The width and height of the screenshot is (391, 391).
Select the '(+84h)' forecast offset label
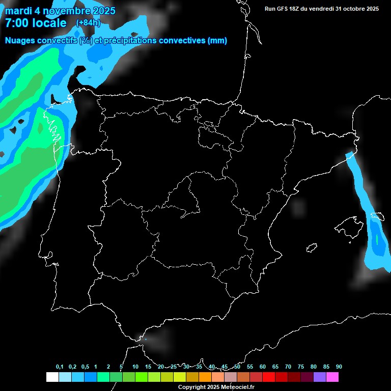pyautogui.click(x=88, y=22)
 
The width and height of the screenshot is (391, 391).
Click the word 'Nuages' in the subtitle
pyautogui.click(x=20, y=41)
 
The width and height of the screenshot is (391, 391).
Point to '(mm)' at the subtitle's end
pyautogui.click(x=217, y=41)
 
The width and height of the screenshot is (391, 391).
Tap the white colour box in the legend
pyautogui.click(x=52, y=377)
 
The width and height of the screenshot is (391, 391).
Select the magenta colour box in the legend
pyautogui.click(x=332, y=377)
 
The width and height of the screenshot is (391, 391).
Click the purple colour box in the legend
pyautogui.click(x=319, y=377)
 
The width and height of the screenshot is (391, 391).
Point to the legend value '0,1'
pyautogui.click(x=60, y=367)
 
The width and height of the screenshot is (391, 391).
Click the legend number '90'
pyautogui.click(x=339, y=367)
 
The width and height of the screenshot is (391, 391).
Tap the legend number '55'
pyautogui.click(x=250, y=367)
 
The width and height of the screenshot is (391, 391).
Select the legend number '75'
pyautogui.click(x=301, y=367)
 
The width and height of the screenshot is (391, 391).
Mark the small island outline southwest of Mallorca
pyautogui.click(x=312, y=248)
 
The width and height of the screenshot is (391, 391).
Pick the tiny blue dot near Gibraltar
pyautogui.click(x=146, y=339)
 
